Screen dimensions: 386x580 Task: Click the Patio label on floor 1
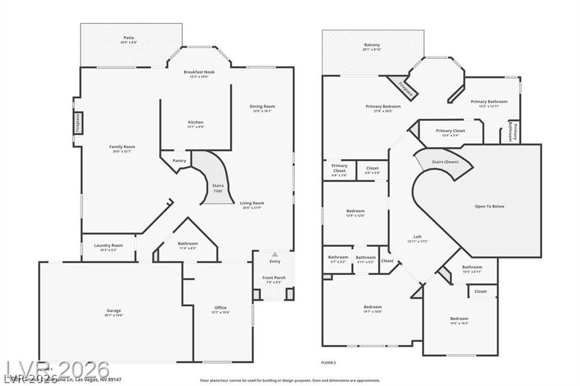[x=129, y=38]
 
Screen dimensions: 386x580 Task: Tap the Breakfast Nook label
[x=199, y=72]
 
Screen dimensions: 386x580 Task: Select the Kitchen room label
[x=195, y=122]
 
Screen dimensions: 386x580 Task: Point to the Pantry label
[x=180, y=161]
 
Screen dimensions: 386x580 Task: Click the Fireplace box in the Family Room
[x=78, y=123]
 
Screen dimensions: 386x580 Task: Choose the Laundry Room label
[x=108, y=245]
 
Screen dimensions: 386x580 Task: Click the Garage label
[x=114, y=310]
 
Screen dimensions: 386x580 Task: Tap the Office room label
[x=220, y=308]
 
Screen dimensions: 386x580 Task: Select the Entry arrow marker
[x=275, y=254]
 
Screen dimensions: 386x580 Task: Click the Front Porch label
[x=274, y=277]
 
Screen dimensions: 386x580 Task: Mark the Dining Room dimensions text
[x=262, y=111]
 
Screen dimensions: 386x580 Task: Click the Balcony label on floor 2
[x=372, y=45]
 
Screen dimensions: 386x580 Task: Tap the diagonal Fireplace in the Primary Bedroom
[x=405, y=88]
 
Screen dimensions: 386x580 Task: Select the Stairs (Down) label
[x=445, y=162]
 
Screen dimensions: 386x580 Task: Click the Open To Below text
[x=489, y=207]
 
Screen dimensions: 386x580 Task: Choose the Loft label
[x=417, y=237]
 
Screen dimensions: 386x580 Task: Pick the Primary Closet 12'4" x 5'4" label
[x=451, y=131]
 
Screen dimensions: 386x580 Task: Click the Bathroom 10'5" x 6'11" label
[x=472, y=267]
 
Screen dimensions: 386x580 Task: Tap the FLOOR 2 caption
[x=329, y=362]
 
